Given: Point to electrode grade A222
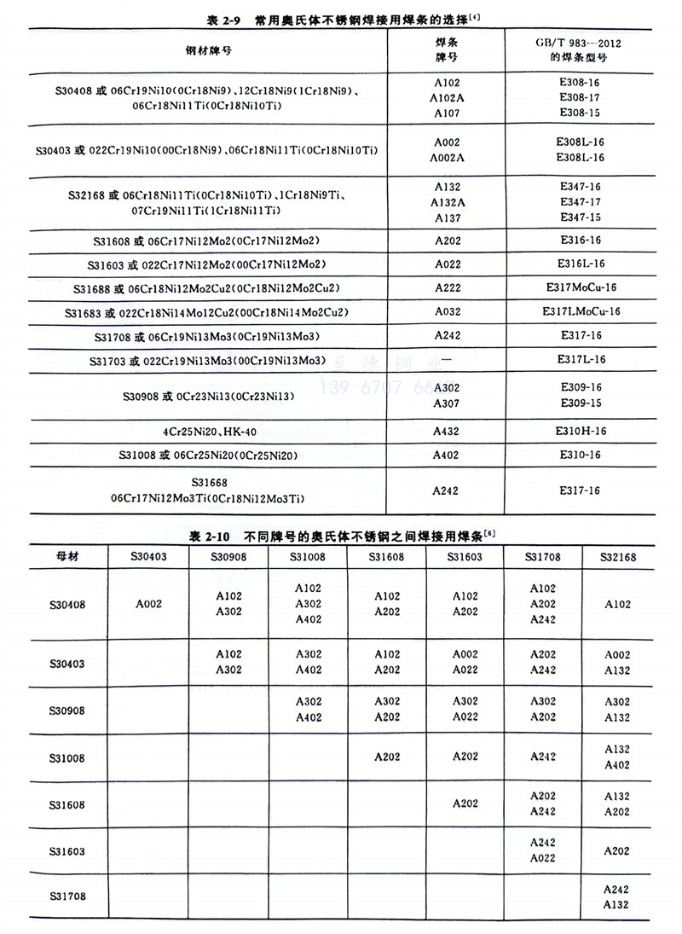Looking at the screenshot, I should pyautogui.click(x=447, y=288).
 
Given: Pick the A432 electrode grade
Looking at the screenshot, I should pyautogui.click(x=447, y=432).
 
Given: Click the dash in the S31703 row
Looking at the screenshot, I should pyautogui.click(x=447, y=361).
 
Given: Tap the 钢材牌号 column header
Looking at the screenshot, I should pyautogui.click(x=209, y=50).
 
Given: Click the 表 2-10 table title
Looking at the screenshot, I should pyautogui.click(x=340, y=536).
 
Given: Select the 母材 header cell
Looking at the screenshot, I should pyautogui.click(x=67, y=557).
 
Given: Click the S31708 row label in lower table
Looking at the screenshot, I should pyautogui.click(x=67, y=896).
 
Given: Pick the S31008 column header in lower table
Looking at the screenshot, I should pyautogui.click(x=308, y=557).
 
